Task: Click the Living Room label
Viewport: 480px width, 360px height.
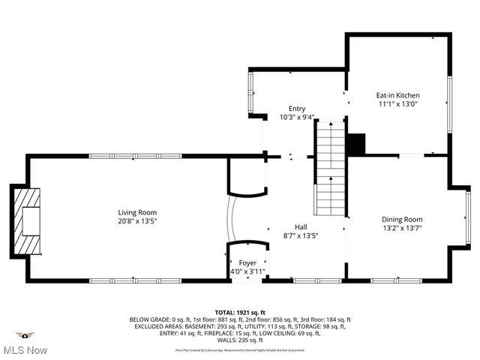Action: point(136,212)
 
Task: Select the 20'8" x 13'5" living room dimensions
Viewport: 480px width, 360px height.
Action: point(136,221)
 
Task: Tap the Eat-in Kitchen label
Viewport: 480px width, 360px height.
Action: point(397,95)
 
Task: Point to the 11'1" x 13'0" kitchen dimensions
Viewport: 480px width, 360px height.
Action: point(397,104)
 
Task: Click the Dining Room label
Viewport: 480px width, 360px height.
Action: point(402,219)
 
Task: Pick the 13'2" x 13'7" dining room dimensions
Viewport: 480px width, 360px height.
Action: point(402,228)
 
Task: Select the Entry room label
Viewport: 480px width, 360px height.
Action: point(297,109)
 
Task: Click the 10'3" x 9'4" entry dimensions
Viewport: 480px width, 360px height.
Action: point(297,118)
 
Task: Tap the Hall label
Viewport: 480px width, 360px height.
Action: point(300,226)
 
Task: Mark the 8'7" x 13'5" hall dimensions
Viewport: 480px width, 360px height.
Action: point(300,235)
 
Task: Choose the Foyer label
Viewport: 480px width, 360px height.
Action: point(247,262)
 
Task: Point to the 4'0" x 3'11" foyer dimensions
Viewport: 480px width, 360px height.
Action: point(247,271)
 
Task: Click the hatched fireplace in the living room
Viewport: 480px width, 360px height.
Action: point(27,220)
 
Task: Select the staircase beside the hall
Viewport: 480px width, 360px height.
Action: point(329,169)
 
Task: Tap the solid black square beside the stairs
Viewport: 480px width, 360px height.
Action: point(355,145)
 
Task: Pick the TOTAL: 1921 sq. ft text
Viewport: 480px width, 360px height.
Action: point(240,312)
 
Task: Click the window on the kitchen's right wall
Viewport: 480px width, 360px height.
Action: point(450,105)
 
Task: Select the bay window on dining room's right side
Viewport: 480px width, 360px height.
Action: point(468,218)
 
